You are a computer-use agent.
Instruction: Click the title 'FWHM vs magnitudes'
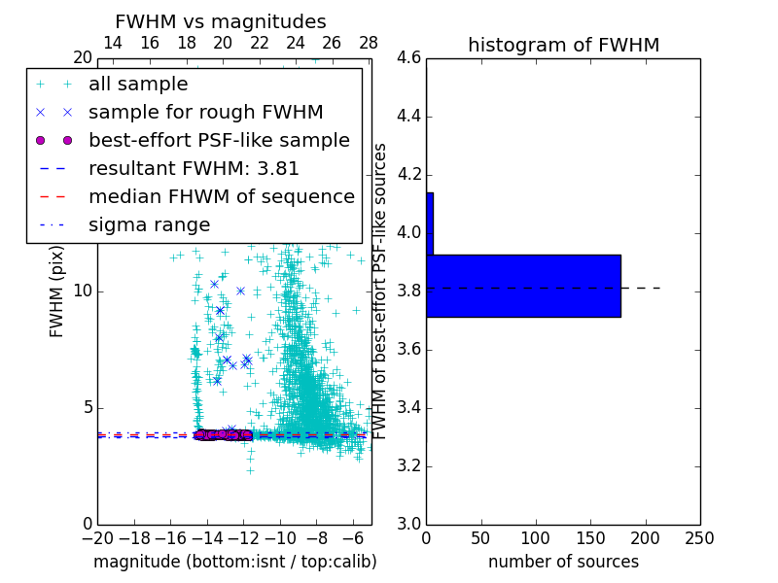(221, 21)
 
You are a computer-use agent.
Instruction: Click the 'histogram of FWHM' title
(563, 45)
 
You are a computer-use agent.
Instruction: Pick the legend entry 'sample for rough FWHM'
(205, 112)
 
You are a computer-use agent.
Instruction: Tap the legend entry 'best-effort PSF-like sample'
(219, 140)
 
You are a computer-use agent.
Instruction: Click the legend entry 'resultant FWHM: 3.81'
(194, 168)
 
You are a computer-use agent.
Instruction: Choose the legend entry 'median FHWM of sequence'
(222, 196)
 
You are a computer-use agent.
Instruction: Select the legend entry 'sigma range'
(149, 224)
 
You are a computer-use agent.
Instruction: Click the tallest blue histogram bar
(523, 286)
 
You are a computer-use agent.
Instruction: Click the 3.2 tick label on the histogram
(409, 466)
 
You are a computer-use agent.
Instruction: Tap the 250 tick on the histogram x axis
(699, 538)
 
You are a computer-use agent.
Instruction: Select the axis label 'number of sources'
(563, 562)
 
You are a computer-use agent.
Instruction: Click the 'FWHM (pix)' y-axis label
(57, 291)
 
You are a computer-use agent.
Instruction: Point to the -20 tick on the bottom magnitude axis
(97, 538)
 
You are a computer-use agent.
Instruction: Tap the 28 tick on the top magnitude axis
(368, 43)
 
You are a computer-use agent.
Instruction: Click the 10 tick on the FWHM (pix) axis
(83, 291)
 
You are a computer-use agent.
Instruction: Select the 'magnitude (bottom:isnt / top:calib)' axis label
(234, 562)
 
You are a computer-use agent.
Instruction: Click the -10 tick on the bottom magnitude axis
(280, 538)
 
